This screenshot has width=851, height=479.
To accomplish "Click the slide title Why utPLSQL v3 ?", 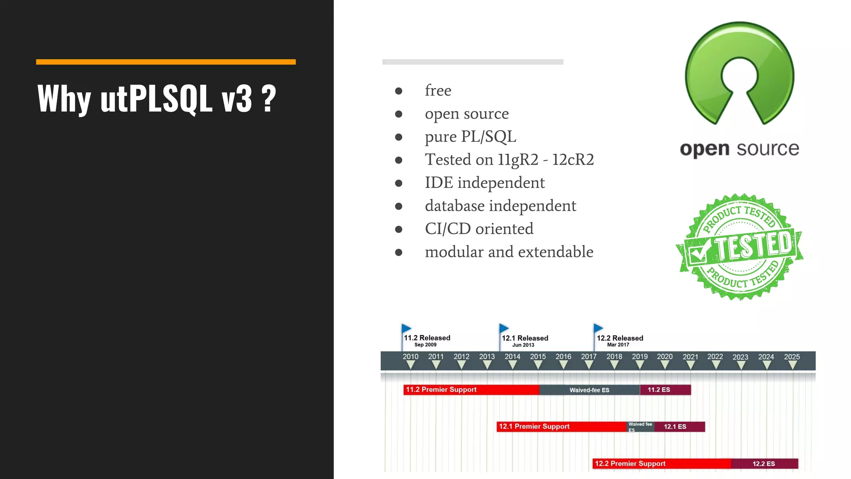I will point(157,99).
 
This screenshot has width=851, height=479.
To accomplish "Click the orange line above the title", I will point(165,62).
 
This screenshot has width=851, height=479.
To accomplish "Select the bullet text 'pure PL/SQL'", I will point(470,137).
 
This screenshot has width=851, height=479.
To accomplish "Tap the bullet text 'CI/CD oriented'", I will point(479,229).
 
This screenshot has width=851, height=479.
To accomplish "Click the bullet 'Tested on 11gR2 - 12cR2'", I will point(509,160).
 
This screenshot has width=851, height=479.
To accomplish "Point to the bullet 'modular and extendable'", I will point(509,252).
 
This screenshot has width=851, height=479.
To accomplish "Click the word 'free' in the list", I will point(438,91).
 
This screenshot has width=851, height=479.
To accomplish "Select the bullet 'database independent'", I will point(500,206).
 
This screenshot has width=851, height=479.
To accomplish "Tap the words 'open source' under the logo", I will point(739,149).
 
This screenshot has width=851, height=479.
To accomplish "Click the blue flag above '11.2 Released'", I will point(406,328).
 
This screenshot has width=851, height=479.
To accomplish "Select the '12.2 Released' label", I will point(620,338).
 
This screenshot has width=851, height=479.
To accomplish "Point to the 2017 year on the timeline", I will point(588,357).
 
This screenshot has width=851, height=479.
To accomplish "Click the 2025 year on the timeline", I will point(792,357).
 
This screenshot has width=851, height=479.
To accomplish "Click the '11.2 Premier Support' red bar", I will point(471,390).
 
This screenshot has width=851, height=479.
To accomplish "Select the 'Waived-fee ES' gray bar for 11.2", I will point(589,390).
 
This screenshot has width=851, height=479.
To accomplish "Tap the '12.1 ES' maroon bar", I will point(679,427).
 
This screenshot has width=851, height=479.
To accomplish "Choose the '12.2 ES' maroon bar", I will point(764,464).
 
